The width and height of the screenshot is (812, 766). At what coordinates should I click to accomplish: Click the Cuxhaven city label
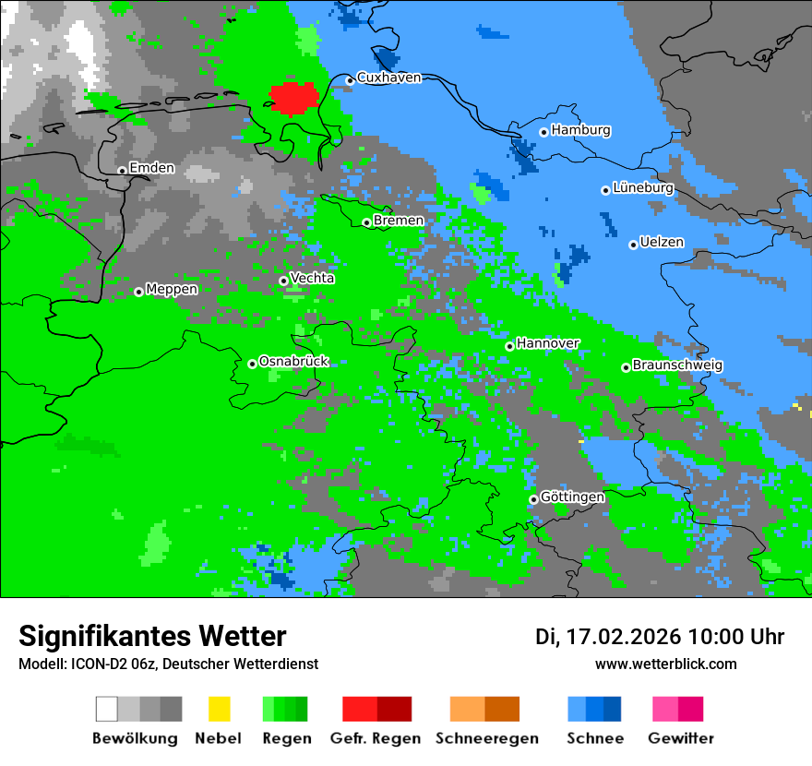(388, 78)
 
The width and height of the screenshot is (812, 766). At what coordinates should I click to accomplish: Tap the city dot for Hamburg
(544, 132)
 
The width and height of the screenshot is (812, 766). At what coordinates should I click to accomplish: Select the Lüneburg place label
(642, 188)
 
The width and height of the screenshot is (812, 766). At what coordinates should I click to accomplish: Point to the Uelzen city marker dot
(633, 245)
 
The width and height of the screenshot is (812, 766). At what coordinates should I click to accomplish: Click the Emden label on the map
(151, 168)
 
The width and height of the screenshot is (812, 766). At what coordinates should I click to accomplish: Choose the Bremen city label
(399, 221)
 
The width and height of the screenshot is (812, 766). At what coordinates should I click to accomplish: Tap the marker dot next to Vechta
(283, 281)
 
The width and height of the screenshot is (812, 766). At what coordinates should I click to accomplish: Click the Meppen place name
(172, 290)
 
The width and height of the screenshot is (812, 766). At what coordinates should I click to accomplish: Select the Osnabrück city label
(293, 362)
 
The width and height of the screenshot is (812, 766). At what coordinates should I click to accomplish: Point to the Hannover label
(547, 343)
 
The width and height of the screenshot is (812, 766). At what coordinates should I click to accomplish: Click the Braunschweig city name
(677, 365)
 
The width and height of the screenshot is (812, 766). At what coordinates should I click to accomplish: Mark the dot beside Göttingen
(533, 499)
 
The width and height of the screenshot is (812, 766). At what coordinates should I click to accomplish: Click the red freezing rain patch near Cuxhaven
(293, 98)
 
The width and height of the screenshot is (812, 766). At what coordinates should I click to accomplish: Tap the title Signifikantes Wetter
(152, 636)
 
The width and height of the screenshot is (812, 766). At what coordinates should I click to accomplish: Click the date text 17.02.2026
(622, 637)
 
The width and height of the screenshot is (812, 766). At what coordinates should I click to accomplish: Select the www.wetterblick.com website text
(665, 664)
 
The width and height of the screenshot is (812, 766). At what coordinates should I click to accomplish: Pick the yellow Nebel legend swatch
(219, 709)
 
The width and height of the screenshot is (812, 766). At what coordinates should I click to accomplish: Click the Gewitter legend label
(680, 738)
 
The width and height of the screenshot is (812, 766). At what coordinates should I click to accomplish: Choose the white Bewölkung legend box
(107, 709)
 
